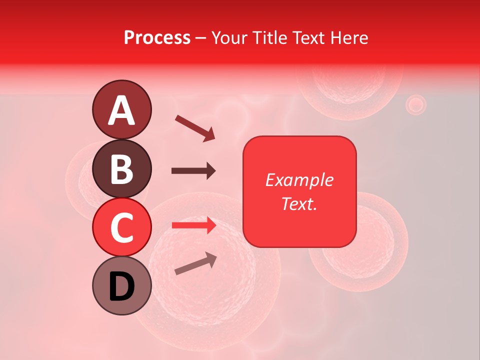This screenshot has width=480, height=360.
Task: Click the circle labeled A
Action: [x=121, y=109]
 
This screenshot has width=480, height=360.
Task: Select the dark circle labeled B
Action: [x=121, y=168]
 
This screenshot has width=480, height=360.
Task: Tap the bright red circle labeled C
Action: [x=121, y=227]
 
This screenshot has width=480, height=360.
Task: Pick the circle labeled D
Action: [x=121, y=286]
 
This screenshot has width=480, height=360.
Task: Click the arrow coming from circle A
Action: [x=195, y=127]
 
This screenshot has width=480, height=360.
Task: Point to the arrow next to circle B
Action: [x=193, y=171]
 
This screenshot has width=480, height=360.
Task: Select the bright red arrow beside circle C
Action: [x=194, y=225]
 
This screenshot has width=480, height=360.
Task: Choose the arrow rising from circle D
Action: [x=195, y=263]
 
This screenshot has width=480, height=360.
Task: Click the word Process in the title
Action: [x=157, y=37]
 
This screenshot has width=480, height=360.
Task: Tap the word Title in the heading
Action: [x=269, y=37]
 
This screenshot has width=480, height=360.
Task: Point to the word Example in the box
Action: [x=299, y=180]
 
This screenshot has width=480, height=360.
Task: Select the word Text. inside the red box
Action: [x=299, y=203]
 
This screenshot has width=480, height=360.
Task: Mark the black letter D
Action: [x=121, y=287]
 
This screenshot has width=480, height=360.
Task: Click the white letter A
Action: [x=121, y=110]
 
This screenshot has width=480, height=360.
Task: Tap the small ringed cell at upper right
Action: [x=415, y=105]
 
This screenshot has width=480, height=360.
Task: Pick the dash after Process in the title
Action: [x=201, y=38]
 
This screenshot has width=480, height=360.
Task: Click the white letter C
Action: [x=121, y=228]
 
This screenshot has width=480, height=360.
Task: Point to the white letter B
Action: [x=121, y=169]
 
